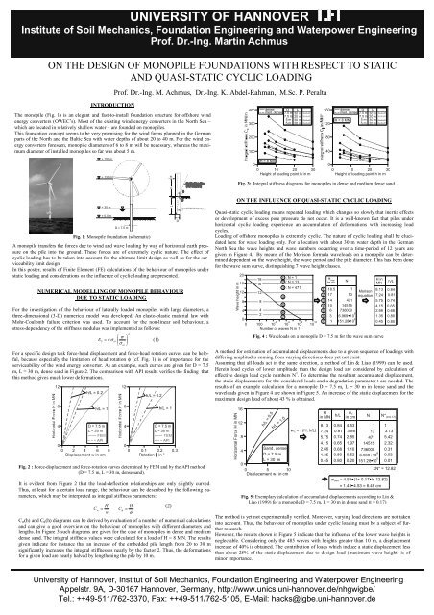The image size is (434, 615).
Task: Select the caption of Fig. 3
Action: pyautogui.click(x=327, y=181)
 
